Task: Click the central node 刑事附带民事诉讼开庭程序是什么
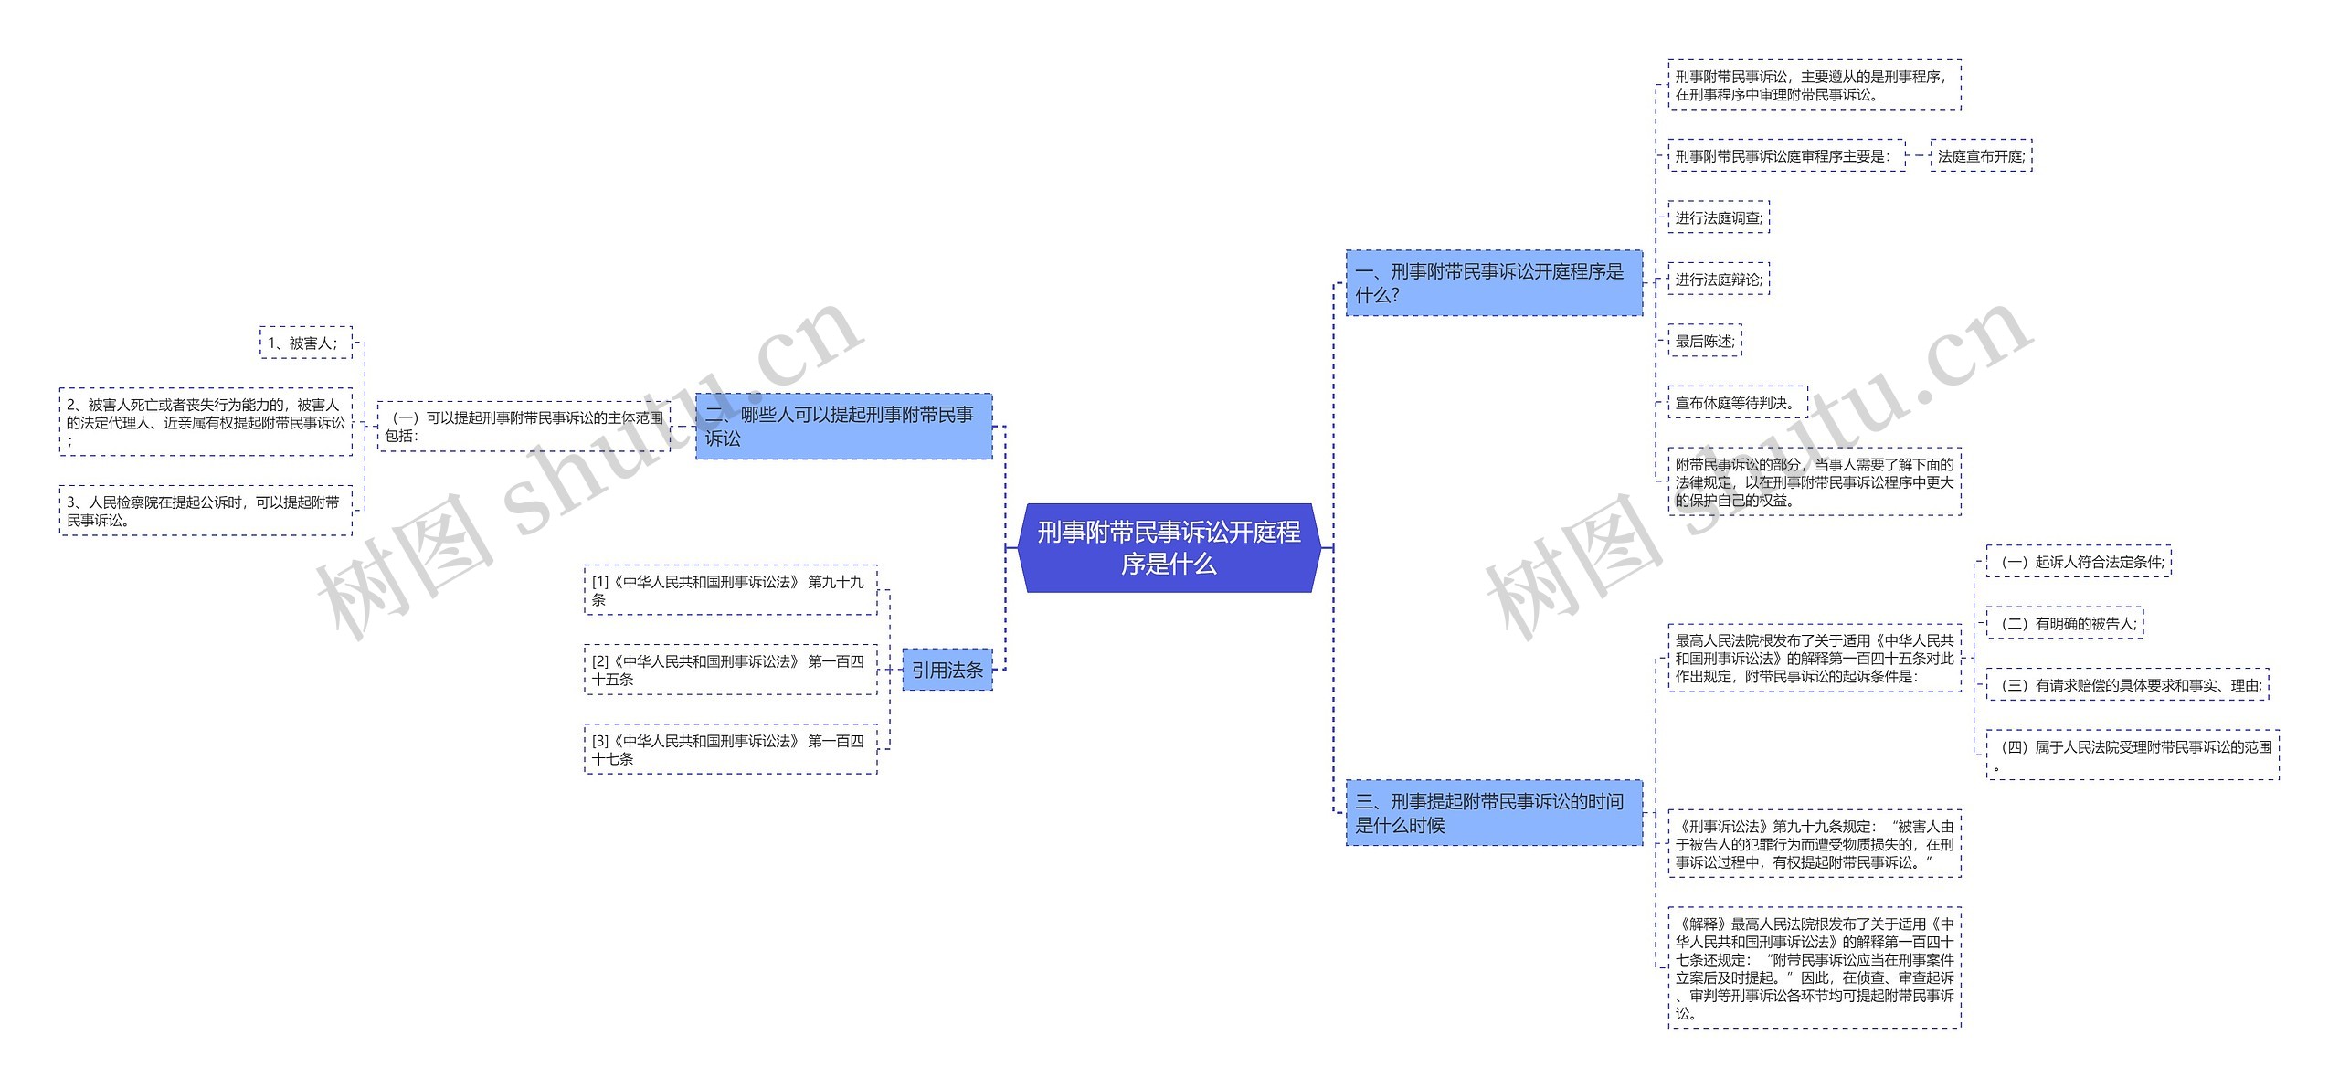coord(1169,547)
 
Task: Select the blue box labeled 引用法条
coord(947,670)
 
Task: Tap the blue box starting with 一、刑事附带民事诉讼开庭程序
coord(1493,283)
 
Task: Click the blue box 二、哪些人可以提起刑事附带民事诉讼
coord(842,427)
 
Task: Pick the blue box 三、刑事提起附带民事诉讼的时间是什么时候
coord(1493,813)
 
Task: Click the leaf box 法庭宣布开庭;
coord(1980,156)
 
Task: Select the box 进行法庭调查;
coord(1718,217)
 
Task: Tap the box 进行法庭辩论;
coord(1718,280)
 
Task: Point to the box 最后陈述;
coord(1704,341)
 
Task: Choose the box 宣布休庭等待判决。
coord(1736,403)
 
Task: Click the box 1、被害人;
coord(305,343)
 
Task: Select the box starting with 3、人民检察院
coord(206,511)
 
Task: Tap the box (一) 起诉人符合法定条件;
coord(2078,562)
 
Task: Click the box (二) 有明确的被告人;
coord(2064,624)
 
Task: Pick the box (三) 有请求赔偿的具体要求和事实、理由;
coord(2126,685)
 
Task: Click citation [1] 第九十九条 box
coord(730,590)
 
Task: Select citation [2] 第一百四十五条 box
coord(730,670)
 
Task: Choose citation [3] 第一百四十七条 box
coord(730,749)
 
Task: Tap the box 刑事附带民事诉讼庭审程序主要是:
coord(1785,156)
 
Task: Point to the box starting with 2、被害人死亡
coord(206,422)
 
